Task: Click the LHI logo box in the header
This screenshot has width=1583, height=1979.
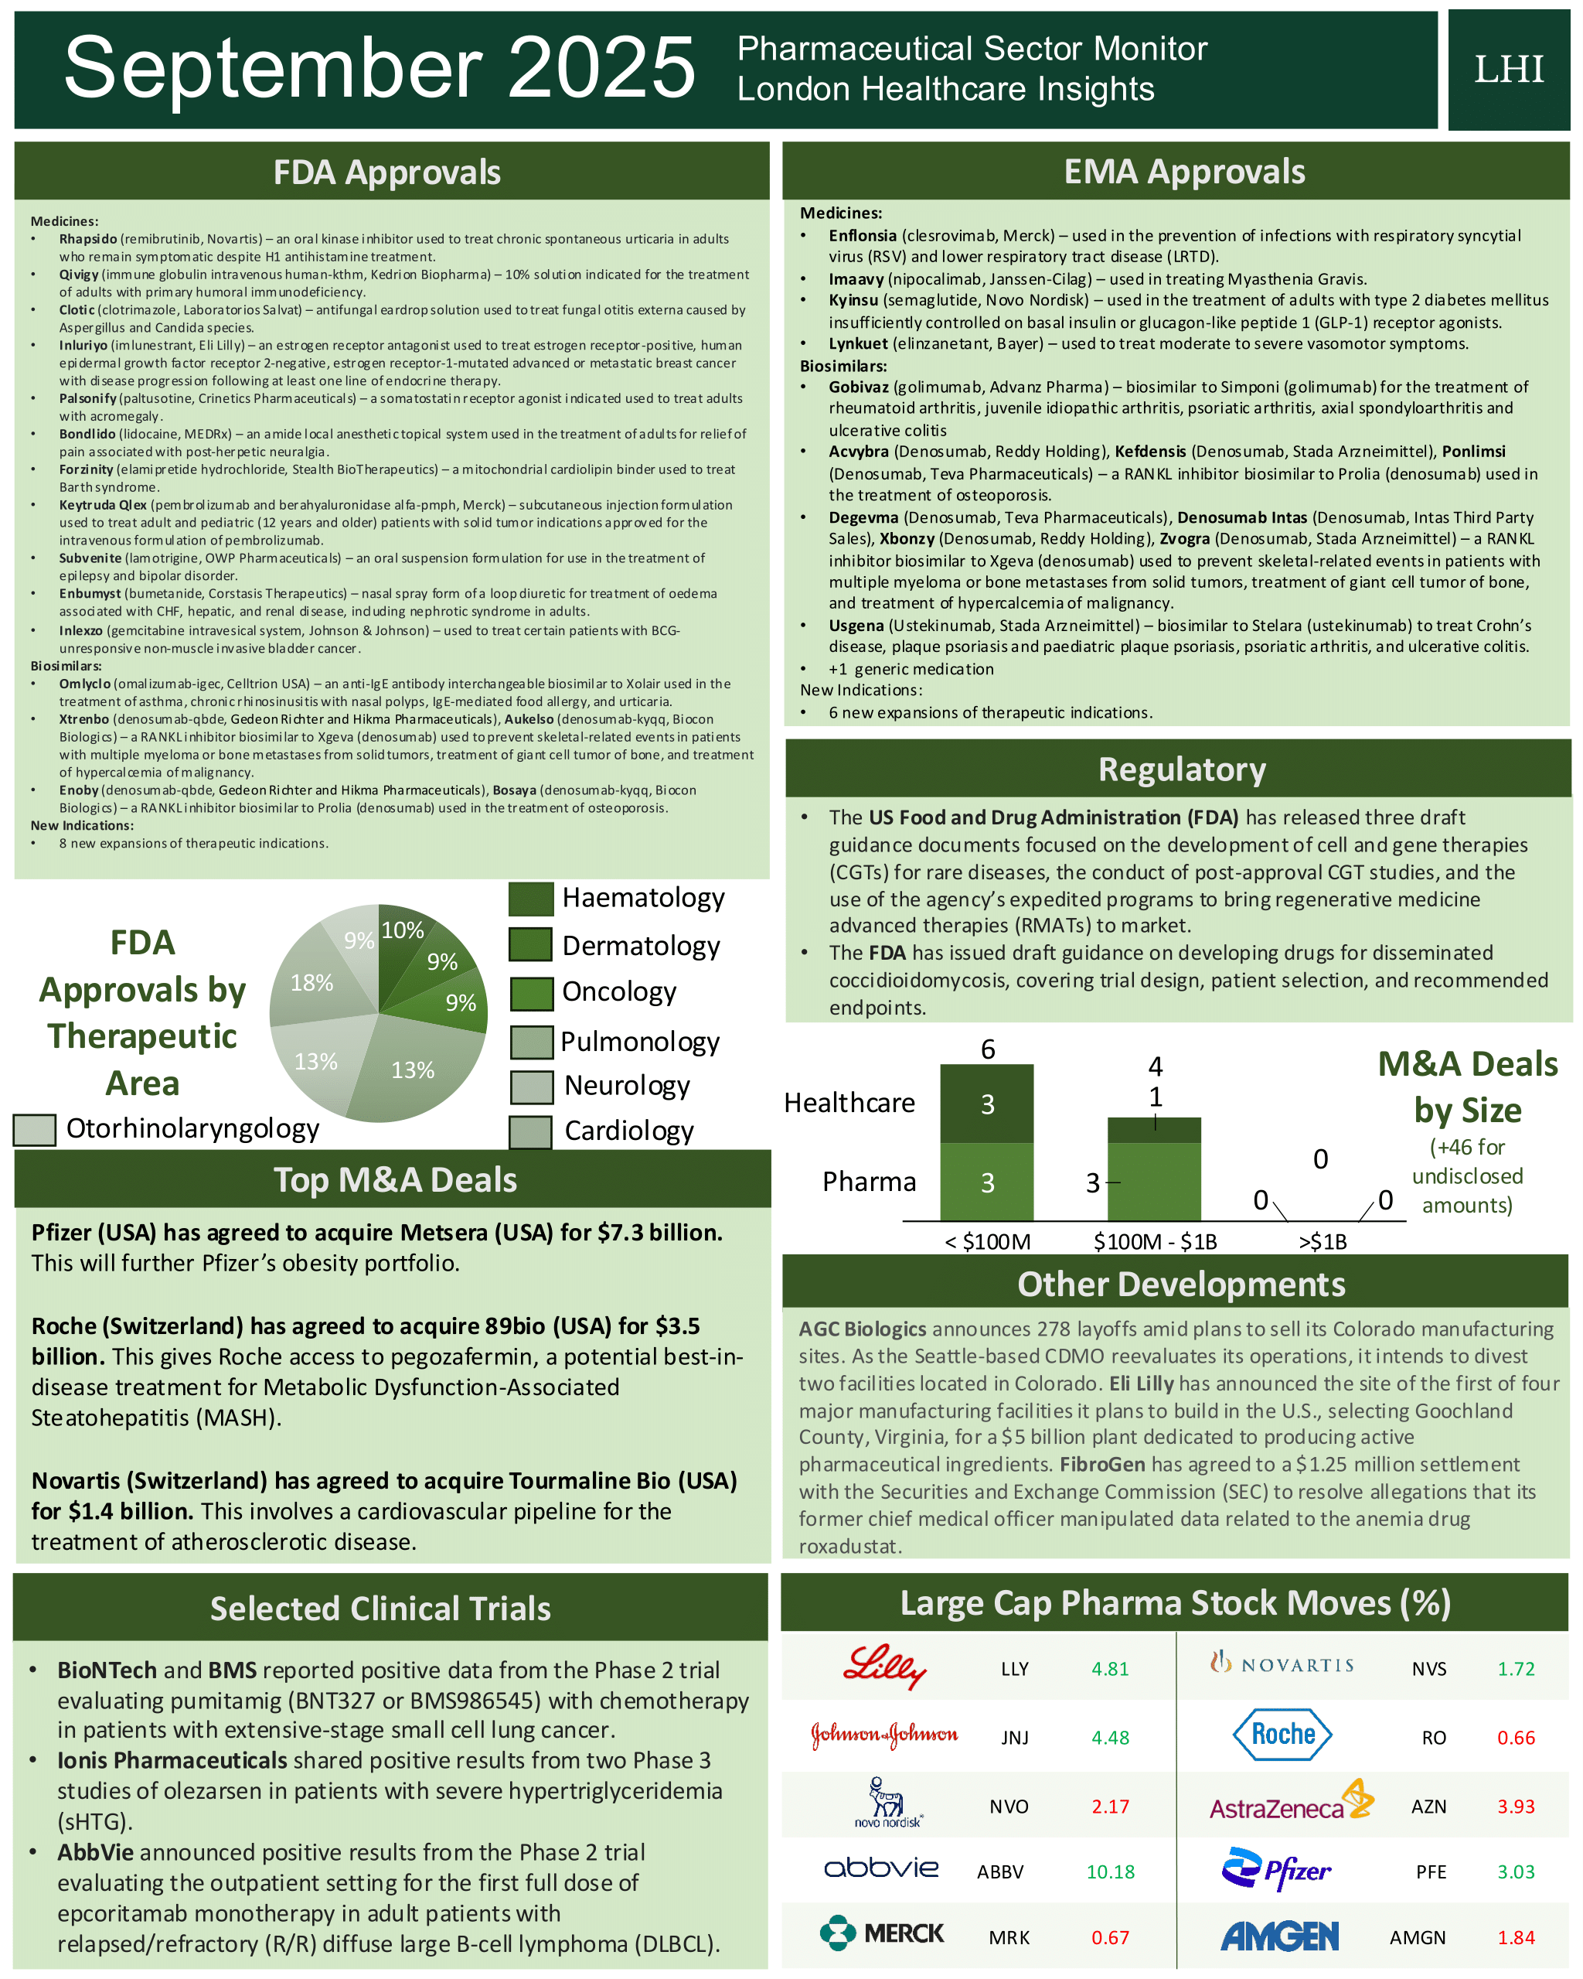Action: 1508,70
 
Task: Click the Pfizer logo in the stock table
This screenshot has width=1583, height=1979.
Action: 1275,1869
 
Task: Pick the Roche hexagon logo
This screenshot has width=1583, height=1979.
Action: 1282,1734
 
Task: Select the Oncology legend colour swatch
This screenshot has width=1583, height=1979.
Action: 530,993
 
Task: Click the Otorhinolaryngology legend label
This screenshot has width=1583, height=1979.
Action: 192,1128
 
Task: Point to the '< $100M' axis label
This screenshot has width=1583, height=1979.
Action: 987,1242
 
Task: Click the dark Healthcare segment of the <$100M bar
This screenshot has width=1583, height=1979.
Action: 986,1104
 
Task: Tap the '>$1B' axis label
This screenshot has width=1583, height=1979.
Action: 1323,1242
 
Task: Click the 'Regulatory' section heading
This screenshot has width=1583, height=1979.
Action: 1181,769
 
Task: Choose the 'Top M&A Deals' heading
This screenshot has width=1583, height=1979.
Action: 395,1179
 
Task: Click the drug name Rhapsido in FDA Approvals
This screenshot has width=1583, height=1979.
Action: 88,239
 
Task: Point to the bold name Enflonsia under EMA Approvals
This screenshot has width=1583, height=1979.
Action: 862,236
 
